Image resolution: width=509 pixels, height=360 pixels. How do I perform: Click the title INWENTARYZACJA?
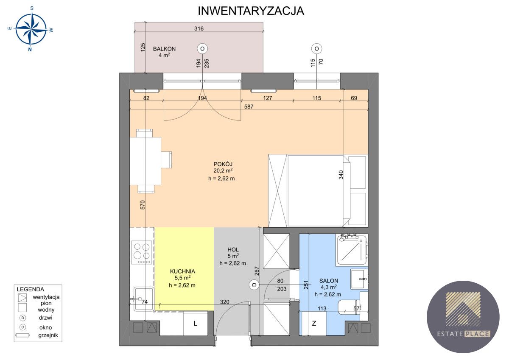(x=251, y=11)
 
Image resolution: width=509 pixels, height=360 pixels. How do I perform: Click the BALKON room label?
(x=164, y=49)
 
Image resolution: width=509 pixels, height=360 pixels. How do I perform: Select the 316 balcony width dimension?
(x=199, y=29)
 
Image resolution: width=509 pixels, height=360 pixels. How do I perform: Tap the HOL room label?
(x=233, y=249)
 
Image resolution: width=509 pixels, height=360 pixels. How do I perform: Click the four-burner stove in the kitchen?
(x=141, y=252)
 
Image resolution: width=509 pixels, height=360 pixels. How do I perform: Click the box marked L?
(x=195, y=324)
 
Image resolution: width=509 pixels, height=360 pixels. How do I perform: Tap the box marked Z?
(x=314, y=324)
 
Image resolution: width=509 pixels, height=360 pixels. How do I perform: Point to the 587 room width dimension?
(x=249, y=107)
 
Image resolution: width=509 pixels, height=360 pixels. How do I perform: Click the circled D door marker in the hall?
(x=254, y=285)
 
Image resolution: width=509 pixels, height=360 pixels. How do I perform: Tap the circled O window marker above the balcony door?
(x=202, y=48)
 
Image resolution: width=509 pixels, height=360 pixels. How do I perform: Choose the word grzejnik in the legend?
(x=48, y=335)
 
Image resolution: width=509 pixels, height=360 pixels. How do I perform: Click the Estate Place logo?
(x=463, y=317)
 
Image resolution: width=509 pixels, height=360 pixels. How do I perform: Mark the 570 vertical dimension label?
(x=143, y=205)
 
